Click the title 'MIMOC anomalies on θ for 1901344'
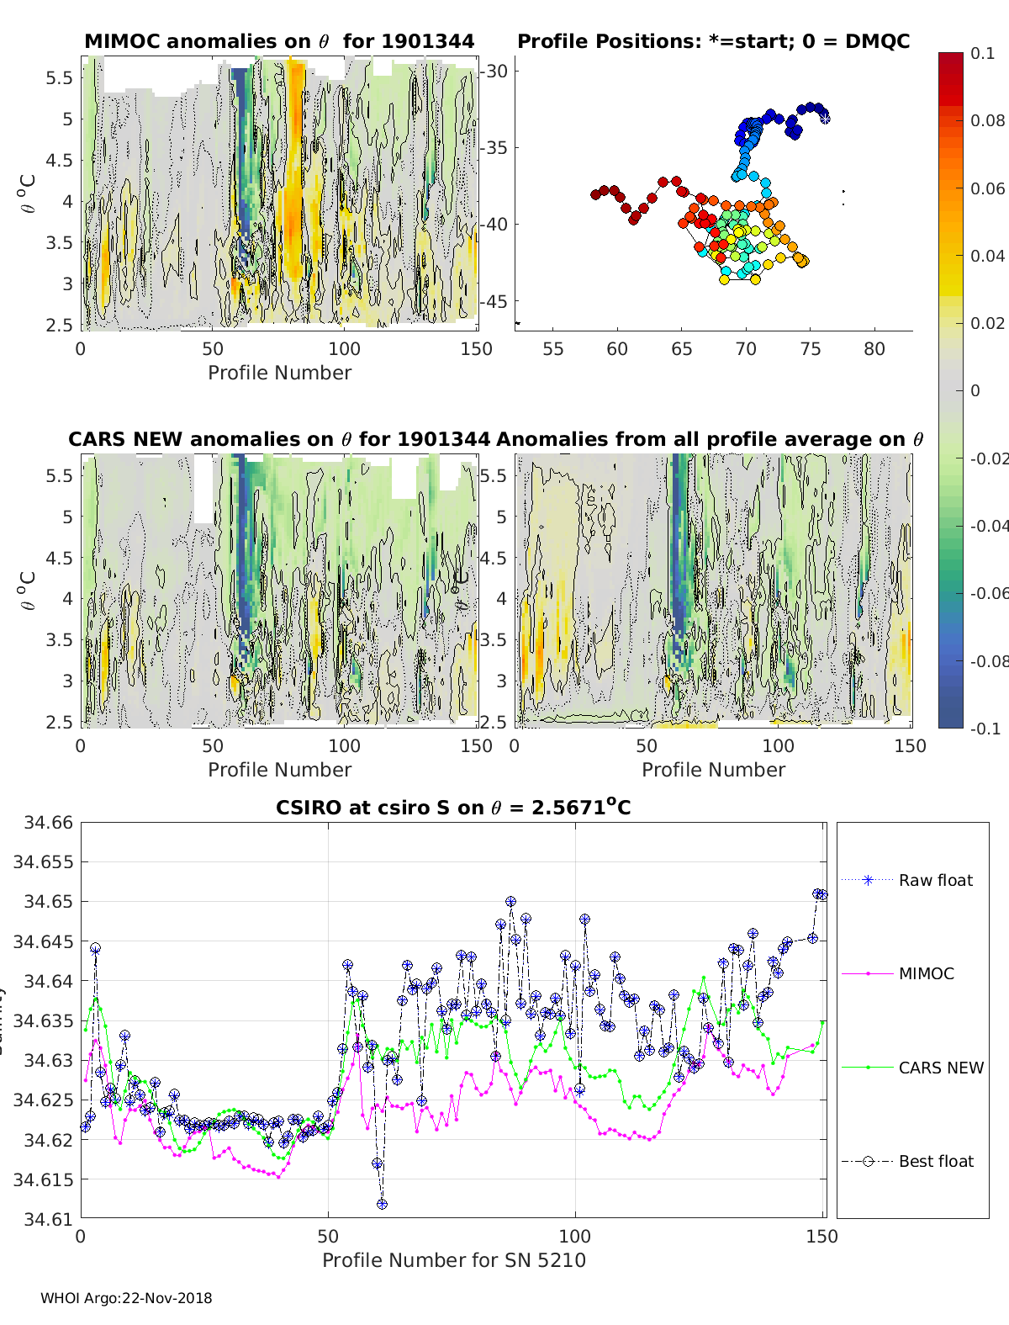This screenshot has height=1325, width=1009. point(279,41)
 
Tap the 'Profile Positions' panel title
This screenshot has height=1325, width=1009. point(713,41)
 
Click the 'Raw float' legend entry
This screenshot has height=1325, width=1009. point(935,880)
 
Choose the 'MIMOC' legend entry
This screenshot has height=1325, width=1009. point(926,973)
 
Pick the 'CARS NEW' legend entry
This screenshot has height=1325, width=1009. point(940,1068)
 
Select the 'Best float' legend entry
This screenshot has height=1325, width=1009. point(935,1161)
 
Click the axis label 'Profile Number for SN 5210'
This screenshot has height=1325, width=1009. point(454,1259)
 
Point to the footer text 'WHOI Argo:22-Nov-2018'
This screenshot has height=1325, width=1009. point(126,1298)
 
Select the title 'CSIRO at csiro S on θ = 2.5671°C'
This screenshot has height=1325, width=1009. point(453,808)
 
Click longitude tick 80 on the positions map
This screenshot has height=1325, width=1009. point(874,348)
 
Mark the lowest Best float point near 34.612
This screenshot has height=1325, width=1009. point(383,1204)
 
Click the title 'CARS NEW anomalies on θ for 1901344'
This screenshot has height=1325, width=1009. point(279,439)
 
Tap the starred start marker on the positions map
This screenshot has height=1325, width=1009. point(825,118)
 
